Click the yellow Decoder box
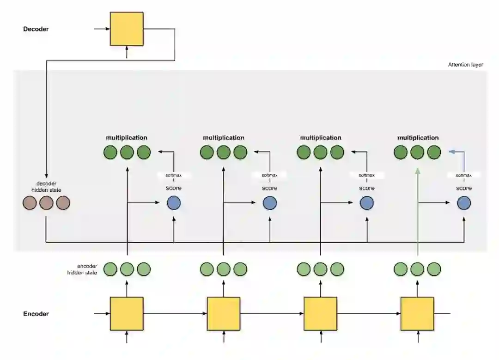127,29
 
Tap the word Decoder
36,29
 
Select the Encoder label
36,314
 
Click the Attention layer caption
465,65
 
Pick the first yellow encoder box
127,314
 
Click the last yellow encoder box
417,314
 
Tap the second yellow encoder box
224,314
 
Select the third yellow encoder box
320,314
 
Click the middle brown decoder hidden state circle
46,203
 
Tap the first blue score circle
174,203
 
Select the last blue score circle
464,203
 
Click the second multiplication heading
224,138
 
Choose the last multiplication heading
418,138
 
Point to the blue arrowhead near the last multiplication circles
451,151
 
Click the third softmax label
366,176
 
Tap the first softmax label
173,176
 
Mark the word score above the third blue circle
367,188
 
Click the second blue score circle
270,203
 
